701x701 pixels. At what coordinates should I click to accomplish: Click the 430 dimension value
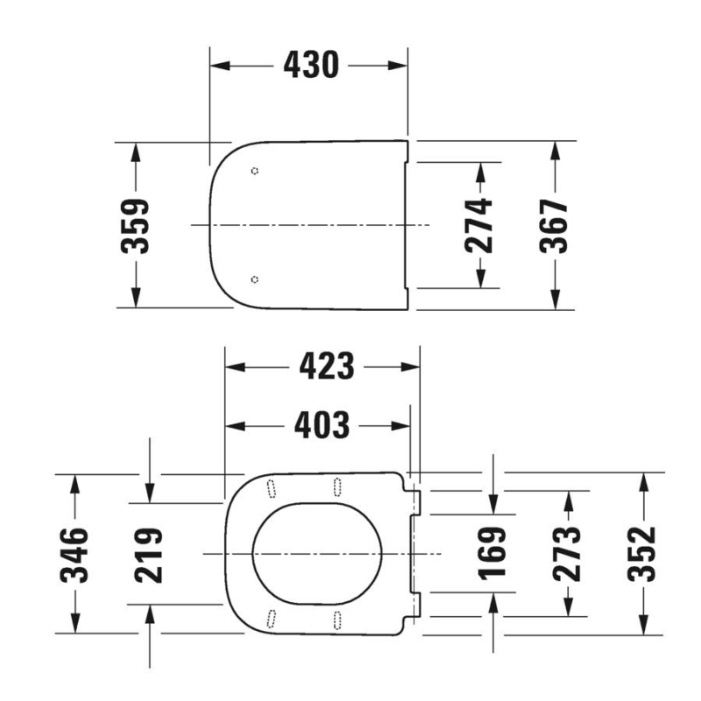click(x=310, y=65)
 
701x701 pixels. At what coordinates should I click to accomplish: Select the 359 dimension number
click(x=135, y=225)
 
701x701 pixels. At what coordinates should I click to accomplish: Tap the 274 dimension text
click(x=479, y=225)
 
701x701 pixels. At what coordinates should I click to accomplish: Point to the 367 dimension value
click(x=554, y=225)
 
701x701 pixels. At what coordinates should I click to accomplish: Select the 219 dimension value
click(x=149, y=554)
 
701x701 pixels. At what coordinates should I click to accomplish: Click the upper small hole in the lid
click(x=254, y=171)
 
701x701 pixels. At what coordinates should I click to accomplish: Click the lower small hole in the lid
click(x=254, y=280)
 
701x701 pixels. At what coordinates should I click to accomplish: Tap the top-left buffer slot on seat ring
click(x=271, y=486)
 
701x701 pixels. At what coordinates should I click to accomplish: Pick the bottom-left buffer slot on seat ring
click(x=271, y=619)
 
